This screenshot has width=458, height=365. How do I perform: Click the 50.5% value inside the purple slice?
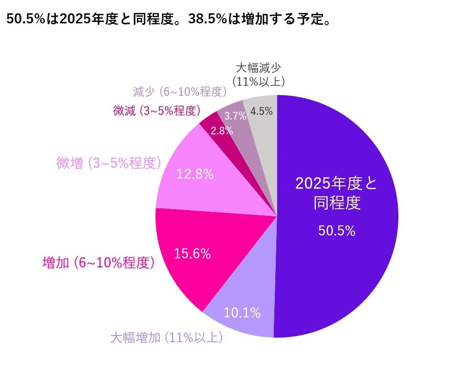coord(336,231)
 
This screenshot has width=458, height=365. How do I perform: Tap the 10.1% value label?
coord(242,313)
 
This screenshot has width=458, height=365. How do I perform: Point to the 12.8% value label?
coord(195,174)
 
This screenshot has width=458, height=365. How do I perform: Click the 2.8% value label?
coord(221,131)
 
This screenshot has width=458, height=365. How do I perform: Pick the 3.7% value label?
coord(235,115)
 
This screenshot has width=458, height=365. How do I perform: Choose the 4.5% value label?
coord(261,112)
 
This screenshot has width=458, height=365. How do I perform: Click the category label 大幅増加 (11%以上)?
coord(167,338)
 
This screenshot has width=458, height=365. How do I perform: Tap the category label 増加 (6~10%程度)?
coord(98,263)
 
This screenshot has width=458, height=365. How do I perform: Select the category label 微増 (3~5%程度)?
coord(108,163)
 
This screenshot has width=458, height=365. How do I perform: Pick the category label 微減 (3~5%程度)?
coord(156,111)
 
